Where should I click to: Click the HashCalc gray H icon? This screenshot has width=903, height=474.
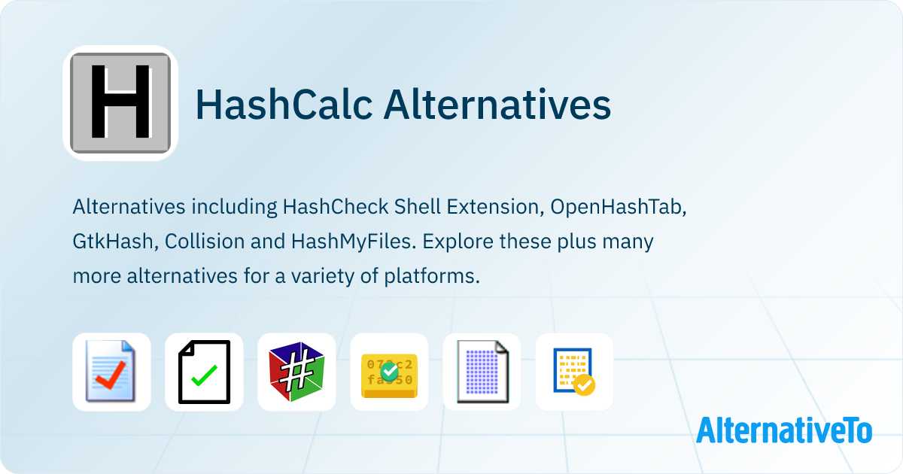pos(120,103)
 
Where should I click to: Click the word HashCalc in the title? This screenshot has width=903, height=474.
pos(284,105)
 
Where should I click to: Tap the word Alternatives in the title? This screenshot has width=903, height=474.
pos(497,105)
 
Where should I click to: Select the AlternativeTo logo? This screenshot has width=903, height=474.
pos(784,430)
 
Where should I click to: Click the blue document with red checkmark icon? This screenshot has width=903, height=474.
pos(111,371)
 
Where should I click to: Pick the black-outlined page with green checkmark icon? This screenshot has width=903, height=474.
pos(204,372)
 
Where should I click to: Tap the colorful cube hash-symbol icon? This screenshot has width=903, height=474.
pos(296,372)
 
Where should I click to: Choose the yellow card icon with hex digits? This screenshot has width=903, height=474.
pos(389,375)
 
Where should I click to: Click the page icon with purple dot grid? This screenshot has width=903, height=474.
pos(482,372)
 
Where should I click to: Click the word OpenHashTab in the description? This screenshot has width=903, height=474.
pos(618,207)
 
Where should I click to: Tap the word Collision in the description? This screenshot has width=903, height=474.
pos(205,242)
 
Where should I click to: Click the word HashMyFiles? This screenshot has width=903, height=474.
pos(354,242)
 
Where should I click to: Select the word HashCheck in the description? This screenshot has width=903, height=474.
pos(336,207)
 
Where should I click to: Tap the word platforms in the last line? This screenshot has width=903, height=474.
pos(432,277)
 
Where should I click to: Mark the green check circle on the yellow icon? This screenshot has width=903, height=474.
pos(390,372)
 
